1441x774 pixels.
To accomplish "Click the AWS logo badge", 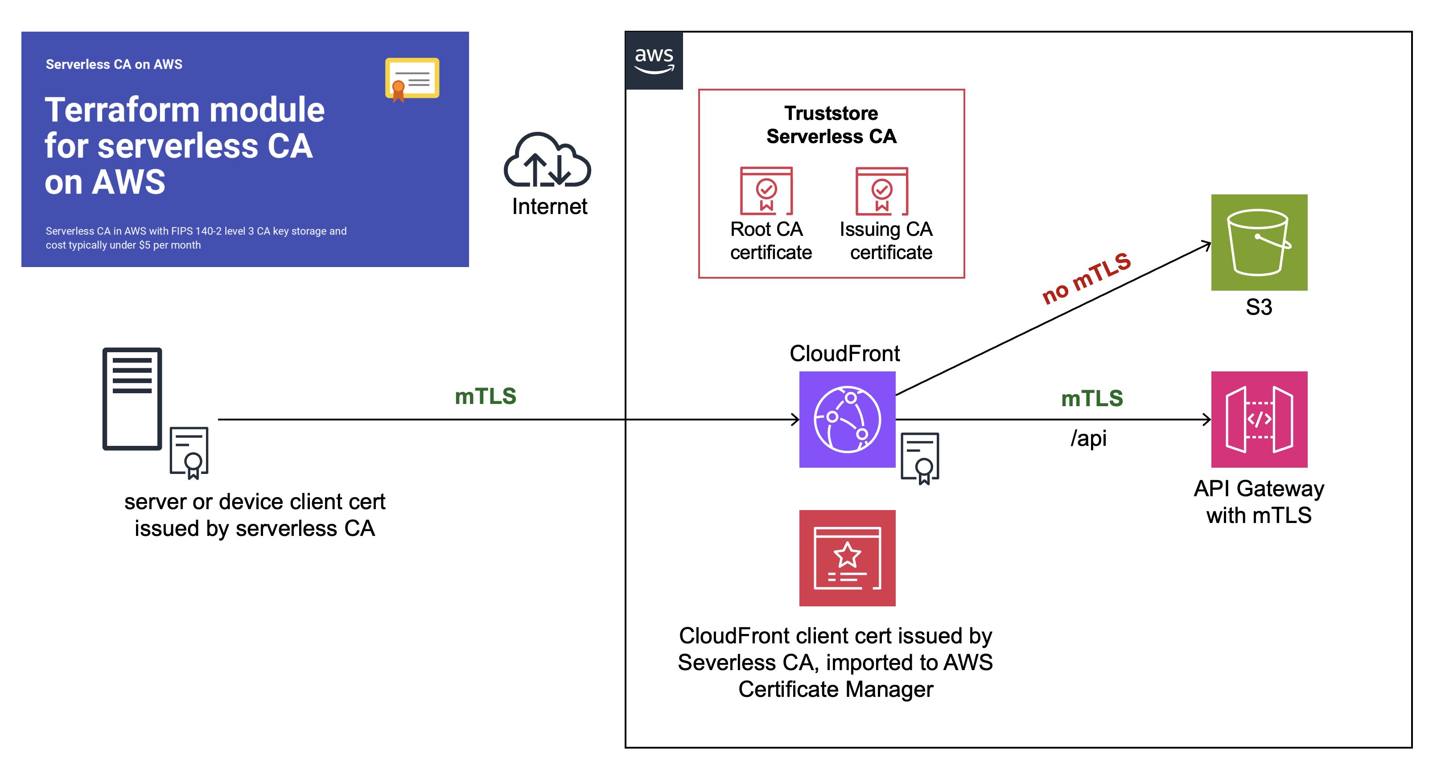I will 654,60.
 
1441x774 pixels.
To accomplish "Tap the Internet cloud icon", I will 547,161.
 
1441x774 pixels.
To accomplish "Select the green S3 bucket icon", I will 1259,242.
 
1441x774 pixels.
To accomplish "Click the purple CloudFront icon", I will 847,420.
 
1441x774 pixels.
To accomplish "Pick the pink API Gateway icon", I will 1259,420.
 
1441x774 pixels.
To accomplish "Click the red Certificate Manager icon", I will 847,558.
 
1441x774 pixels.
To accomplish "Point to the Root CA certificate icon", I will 766,191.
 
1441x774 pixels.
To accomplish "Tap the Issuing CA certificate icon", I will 881,191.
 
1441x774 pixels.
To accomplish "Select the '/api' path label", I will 1088,438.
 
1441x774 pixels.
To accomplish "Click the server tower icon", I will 132,399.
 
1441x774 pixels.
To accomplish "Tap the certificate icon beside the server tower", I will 189,453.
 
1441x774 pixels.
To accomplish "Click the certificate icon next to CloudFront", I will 920,457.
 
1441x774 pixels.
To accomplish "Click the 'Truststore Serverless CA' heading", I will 831,125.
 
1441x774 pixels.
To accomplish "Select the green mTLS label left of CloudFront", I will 485,396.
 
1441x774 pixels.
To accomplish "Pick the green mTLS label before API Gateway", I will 1091,398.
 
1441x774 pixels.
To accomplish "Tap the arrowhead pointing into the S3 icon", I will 1207,244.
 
